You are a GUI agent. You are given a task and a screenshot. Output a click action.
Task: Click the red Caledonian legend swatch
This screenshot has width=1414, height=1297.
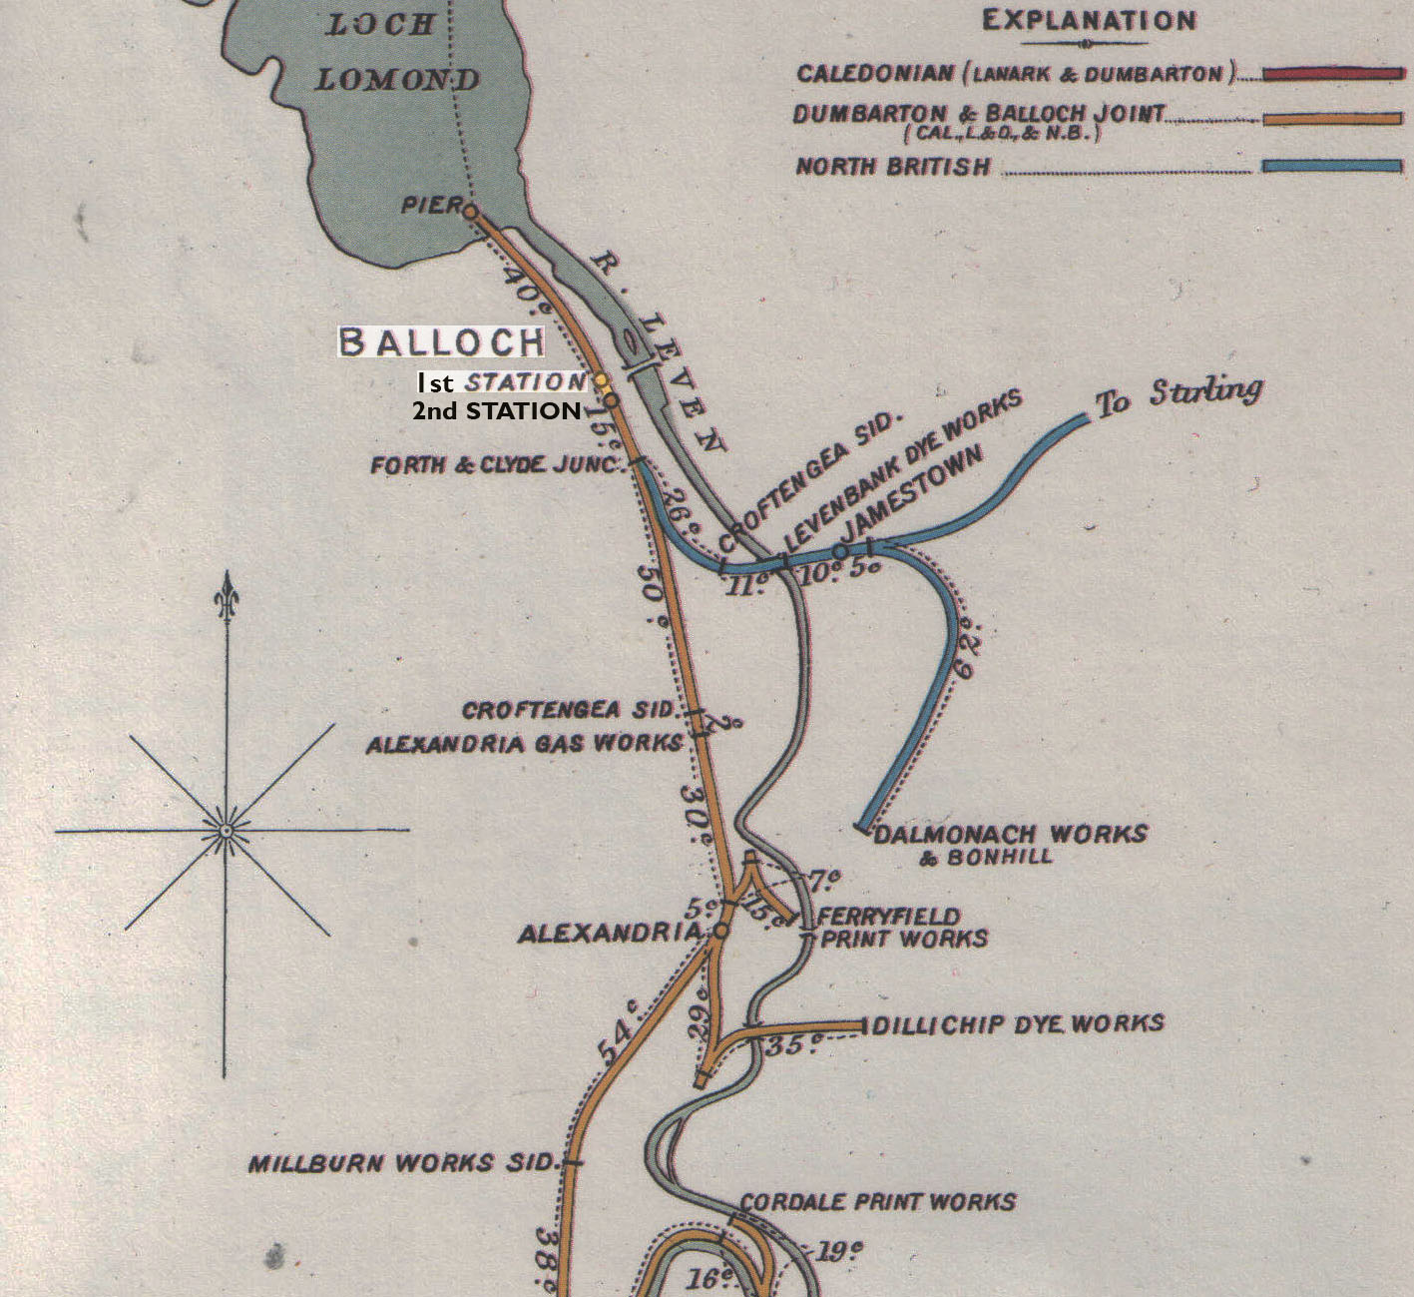point(1332,74)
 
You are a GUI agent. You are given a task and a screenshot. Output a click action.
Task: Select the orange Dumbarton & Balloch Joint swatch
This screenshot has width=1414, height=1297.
point(1332,119)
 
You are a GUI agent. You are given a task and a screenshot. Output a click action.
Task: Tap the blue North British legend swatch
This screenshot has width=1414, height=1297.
point(1332,166)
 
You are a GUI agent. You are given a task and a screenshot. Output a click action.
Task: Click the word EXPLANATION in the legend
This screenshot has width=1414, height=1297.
point(1089,21)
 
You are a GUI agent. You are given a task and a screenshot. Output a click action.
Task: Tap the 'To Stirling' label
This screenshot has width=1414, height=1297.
point(1178,395)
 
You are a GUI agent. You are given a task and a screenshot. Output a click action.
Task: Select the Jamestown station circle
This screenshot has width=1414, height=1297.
point(840,550)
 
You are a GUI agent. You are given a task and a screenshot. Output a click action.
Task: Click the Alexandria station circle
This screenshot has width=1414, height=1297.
point(720,931)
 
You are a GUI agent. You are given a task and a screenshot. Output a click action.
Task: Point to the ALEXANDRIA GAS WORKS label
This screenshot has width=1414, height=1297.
point(524,744)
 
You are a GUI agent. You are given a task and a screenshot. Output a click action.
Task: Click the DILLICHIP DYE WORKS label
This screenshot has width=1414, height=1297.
point(1019,1024)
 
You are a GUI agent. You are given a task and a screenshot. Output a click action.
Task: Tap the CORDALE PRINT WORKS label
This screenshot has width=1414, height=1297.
point(878,1201)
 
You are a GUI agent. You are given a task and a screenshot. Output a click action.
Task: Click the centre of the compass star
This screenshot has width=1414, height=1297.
point(227,830)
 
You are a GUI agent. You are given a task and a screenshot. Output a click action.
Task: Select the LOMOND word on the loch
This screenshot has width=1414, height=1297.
point(398,80)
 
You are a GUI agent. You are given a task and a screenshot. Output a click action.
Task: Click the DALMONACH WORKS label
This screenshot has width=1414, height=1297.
point(1010,834)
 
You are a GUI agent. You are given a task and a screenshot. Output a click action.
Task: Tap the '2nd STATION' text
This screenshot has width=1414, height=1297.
point(496,410)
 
